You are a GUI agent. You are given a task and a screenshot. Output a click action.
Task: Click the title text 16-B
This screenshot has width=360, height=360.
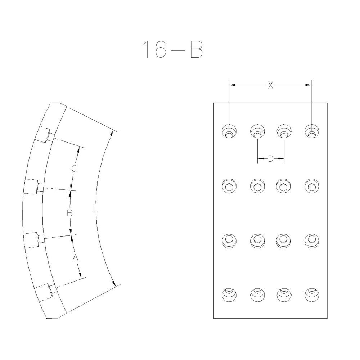173,49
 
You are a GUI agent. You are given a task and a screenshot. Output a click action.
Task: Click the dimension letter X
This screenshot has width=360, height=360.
270,85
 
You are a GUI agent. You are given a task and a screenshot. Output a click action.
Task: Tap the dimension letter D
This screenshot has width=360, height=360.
271,158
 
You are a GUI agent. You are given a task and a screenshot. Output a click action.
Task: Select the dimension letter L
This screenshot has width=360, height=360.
95,209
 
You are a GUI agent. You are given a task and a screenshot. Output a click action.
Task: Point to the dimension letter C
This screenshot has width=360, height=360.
74,168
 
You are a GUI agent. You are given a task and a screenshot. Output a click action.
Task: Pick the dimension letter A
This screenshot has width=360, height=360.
75,258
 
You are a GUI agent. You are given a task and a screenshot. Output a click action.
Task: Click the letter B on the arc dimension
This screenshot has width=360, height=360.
69,213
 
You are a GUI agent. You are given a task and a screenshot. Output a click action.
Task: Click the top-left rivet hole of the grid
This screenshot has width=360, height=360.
229,131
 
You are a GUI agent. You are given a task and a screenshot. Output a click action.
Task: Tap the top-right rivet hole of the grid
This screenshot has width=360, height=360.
311,131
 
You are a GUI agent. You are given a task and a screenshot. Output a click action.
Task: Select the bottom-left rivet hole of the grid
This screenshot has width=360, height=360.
229,295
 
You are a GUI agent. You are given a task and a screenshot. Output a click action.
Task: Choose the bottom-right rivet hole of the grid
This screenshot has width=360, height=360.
311,295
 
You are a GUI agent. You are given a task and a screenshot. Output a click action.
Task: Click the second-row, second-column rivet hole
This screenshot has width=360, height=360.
257,185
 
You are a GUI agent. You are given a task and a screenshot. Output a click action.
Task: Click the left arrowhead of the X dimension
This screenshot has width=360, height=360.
233,85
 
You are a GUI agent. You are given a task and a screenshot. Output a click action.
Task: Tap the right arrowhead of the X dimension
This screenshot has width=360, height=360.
309,85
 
